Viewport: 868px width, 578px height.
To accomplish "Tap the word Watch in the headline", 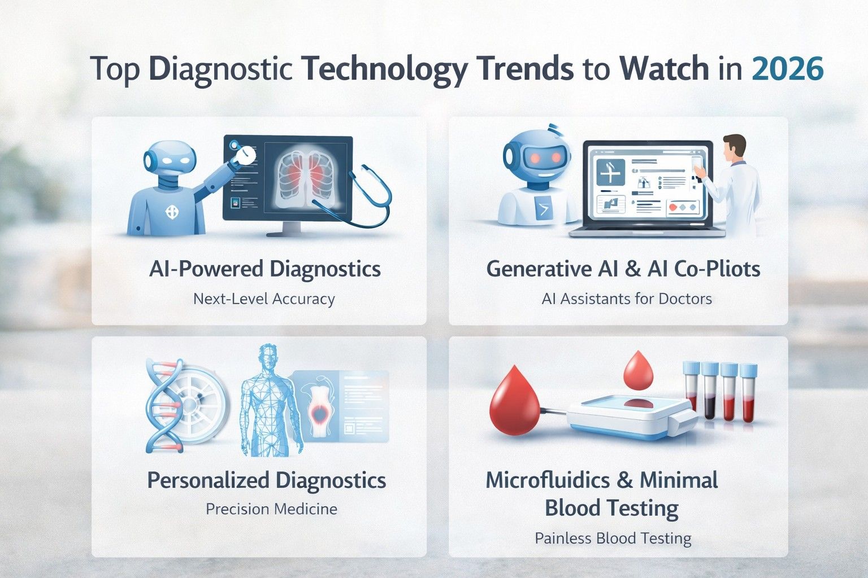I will pos(664,69).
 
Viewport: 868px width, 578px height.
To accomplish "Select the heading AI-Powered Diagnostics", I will pos(264,269).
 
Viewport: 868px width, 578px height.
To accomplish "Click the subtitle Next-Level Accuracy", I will pos(264,299).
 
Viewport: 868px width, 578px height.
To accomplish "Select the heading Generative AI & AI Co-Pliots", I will pos(623,269).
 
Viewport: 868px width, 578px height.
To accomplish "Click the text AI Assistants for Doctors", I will pos(626,299).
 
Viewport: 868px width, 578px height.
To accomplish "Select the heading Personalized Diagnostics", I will pos(266,481).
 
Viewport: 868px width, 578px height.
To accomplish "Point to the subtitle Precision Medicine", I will pos(271,509).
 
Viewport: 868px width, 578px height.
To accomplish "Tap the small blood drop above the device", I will pos(638,370).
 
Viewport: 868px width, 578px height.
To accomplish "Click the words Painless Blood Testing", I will pos(613,538).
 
